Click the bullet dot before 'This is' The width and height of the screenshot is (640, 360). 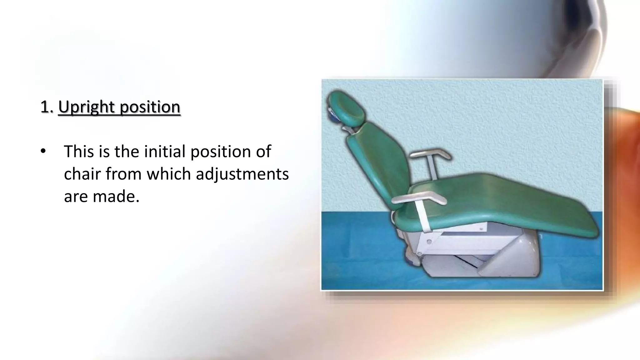[43, 151]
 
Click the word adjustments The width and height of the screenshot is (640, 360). [242, 174]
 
